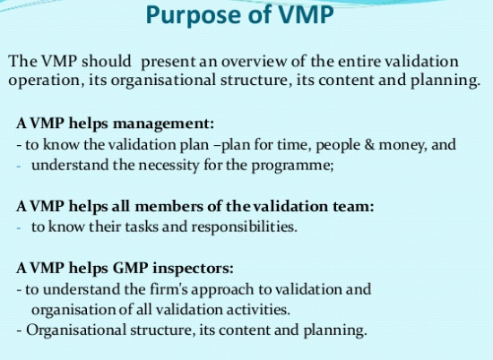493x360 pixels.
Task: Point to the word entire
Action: [x=359, y=61]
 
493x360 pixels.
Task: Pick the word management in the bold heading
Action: [x=163, y=124]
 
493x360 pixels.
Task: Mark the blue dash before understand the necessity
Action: [x=19, y=167]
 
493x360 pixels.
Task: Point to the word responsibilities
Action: [x=245, y=227]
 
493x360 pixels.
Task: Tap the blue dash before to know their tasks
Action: [x=19, y=227]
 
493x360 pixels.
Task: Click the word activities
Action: [x=258, y=310]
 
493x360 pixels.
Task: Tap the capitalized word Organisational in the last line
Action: [x=76, y=330]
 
